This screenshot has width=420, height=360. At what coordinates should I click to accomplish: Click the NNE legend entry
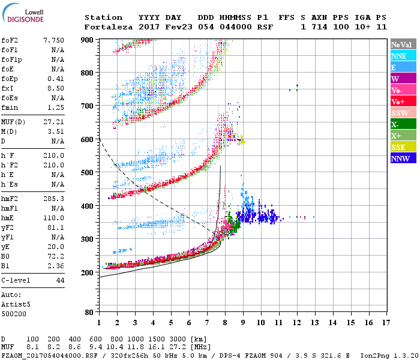click(399, 56)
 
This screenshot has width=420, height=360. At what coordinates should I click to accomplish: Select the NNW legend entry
click(400, 158)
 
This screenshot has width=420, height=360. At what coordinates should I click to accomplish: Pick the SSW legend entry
click(400, 113)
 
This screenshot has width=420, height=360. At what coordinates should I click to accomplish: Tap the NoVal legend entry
click(400, 44)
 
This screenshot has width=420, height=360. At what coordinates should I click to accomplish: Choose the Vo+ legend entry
click(399, 101)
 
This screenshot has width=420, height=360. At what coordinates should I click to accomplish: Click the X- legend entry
click(395, 124)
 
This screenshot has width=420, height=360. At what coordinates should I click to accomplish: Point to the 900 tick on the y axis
click(88, 40)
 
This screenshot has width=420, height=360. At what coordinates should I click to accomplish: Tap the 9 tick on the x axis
click(243, 323)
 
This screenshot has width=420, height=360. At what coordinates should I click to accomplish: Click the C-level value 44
click(60, 280)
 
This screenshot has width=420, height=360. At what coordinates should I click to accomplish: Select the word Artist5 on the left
click(16, 304)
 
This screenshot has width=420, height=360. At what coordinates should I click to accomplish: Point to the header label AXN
click(319, 17)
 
